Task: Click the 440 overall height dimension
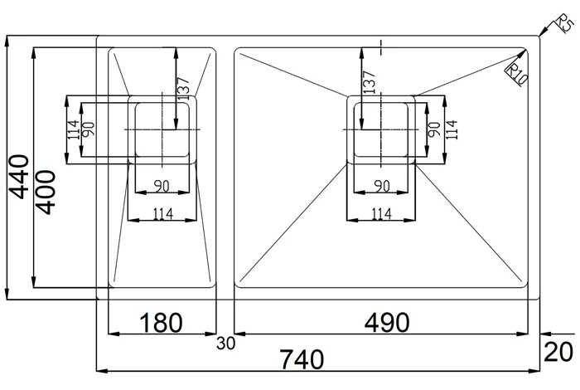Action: tap(18, 177)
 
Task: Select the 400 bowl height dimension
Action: tap(46, 193)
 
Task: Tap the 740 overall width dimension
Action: tap(302, 359)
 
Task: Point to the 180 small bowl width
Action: tap(161, 322)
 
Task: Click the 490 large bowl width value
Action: tap(387, 322)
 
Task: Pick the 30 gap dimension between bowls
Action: tap(225, 344)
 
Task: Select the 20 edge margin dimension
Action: tap(559, 352)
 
